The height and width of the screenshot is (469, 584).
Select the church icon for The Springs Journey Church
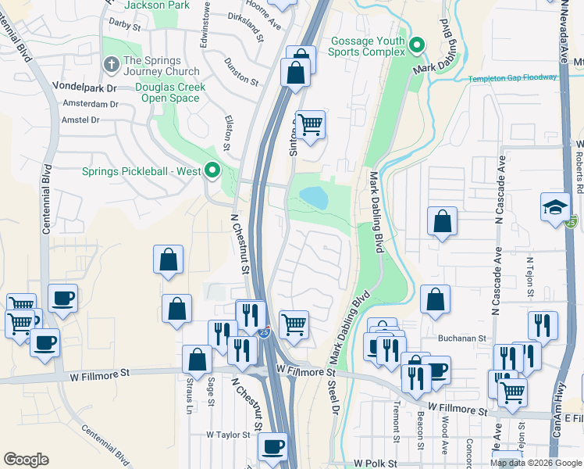click(112, 62)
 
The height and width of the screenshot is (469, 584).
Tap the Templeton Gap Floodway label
click(513, 78)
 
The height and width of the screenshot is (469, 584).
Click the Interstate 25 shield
click(265, 332)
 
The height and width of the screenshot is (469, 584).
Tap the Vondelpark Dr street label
click(84, 87)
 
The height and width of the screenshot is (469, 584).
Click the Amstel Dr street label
click(74, 120)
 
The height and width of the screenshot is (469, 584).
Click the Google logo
click(26, 460)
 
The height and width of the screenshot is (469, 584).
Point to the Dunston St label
click(240, 70)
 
